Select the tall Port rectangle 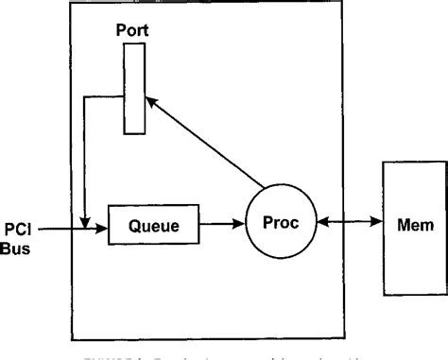[133, 89]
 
